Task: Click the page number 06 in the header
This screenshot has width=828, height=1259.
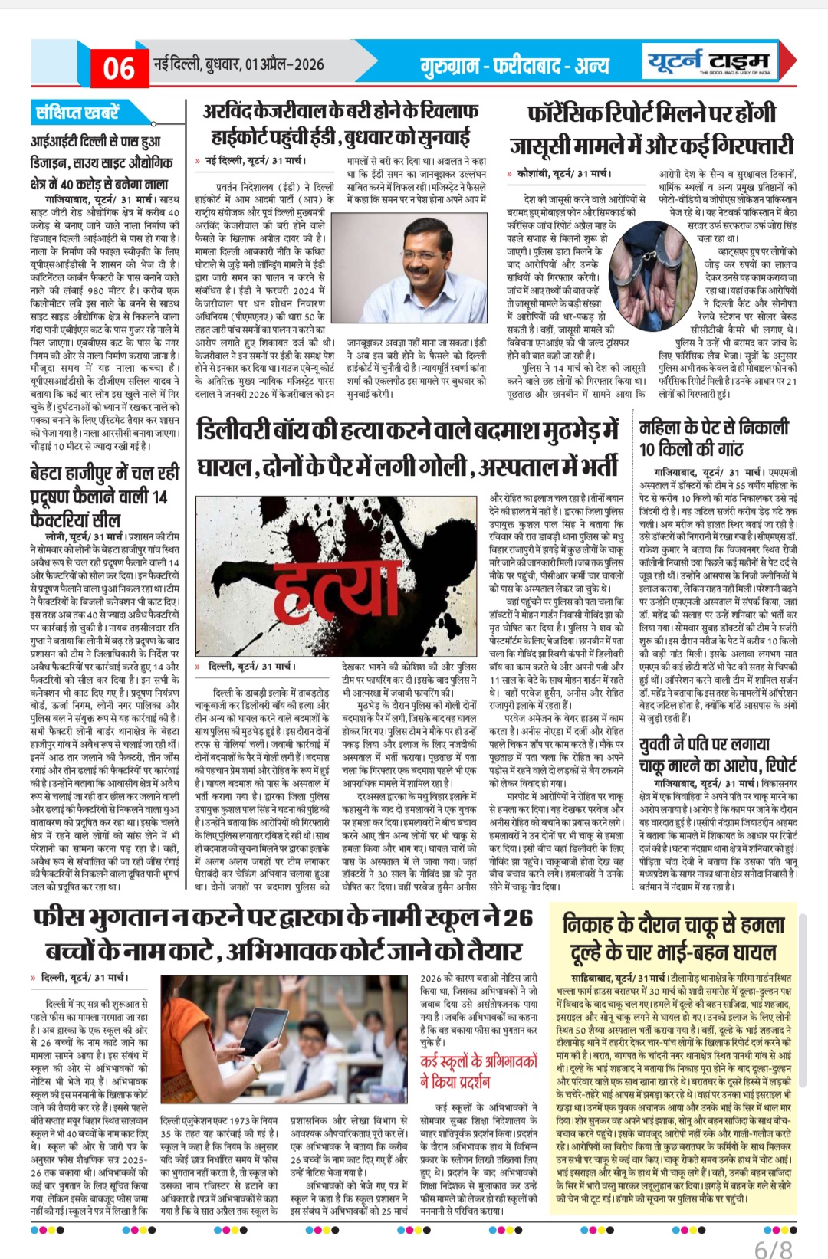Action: coord(119,68)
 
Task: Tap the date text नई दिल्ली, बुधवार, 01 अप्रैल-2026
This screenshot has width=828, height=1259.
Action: coord(239,65)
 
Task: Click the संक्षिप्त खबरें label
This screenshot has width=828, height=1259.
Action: coord(77,113)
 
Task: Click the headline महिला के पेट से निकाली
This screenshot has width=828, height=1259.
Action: coord(714,428)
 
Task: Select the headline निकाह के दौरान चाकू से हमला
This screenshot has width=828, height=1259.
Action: coord(674,925)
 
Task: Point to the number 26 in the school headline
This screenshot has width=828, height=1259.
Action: coord(517,917)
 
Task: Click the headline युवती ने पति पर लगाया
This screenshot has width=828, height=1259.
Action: coord(705,744)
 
